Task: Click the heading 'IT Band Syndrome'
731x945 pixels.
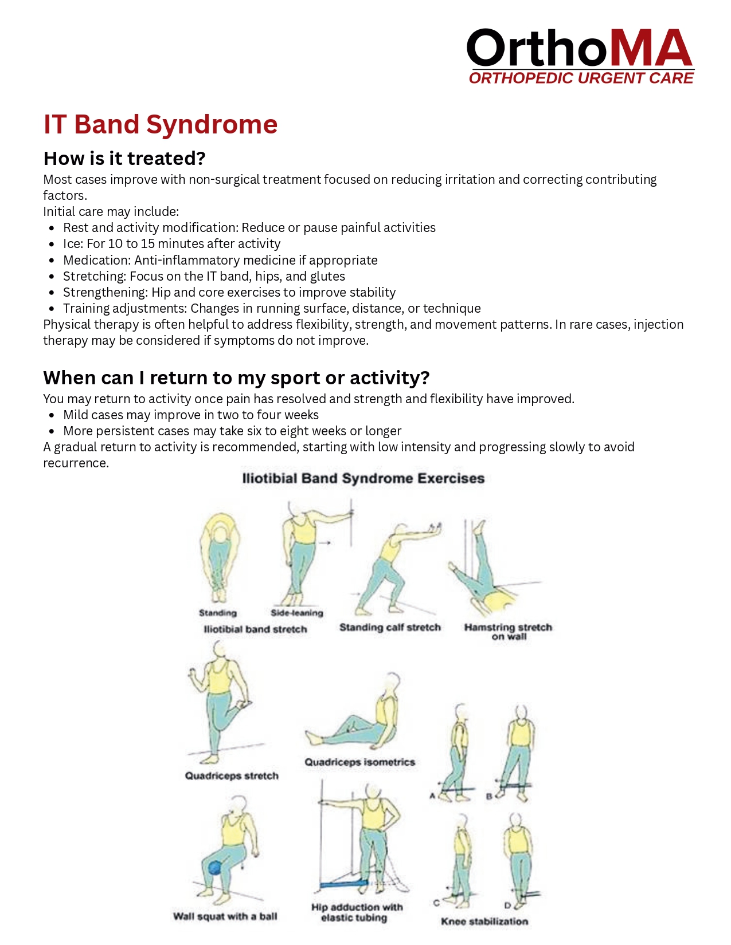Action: coord(161,124)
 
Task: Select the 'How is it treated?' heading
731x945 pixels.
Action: coord(124,158)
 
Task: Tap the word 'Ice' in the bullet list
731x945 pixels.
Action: coord(72,244)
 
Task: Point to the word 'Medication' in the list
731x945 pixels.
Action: coord(97,260)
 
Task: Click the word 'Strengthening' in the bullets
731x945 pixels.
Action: coord(105,292)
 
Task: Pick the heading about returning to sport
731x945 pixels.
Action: coord(236,377)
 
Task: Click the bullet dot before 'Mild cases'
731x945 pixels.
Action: coord(52,415)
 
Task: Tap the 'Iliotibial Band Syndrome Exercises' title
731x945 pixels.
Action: coord(363,478)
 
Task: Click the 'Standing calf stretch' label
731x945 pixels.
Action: coord(390,627)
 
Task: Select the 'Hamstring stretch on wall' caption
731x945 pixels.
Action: coord(508,631)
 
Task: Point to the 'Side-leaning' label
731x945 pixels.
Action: coord(297,613)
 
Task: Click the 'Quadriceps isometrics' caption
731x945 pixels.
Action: coord(359,762)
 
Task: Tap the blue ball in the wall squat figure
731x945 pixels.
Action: coord(215,868)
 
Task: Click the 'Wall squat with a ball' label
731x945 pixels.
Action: coord(225,916)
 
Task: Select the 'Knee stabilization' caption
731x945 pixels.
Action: coord(484,922)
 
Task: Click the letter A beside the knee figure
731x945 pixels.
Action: coord(432,796)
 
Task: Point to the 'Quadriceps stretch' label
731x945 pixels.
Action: coord(232,776)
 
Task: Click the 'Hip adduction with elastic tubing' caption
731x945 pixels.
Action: coord(357,912)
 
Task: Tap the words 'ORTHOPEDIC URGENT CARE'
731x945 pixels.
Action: coord(581,78)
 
